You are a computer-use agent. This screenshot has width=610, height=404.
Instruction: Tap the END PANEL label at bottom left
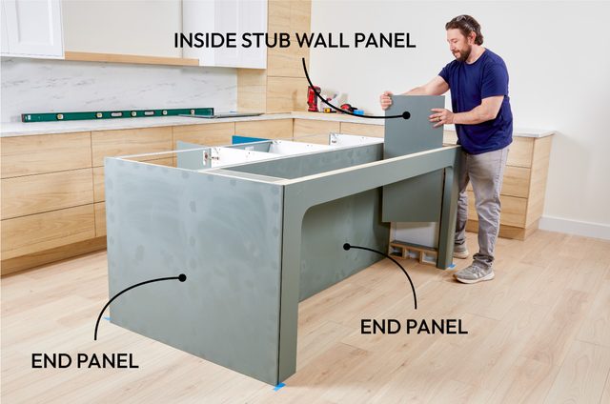coord(85,360)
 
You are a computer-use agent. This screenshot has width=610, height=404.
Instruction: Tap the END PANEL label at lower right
coord(414,326)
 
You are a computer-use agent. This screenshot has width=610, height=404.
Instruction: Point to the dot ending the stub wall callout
coord(406,115)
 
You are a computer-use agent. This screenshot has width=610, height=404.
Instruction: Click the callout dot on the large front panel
coord(184,278)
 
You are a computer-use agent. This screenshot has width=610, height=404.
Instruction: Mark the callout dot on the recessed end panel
coord(347,246)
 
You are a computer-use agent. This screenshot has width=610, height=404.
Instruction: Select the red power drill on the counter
coord(314,98)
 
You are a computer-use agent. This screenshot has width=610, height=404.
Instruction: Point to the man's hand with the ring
coord(441,117)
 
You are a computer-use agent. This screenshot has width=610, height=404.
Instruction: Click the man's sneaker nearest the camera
coord(473,273)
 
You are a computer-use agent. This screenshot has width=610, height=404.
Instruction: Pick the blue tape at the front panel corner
coord(279,386)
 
